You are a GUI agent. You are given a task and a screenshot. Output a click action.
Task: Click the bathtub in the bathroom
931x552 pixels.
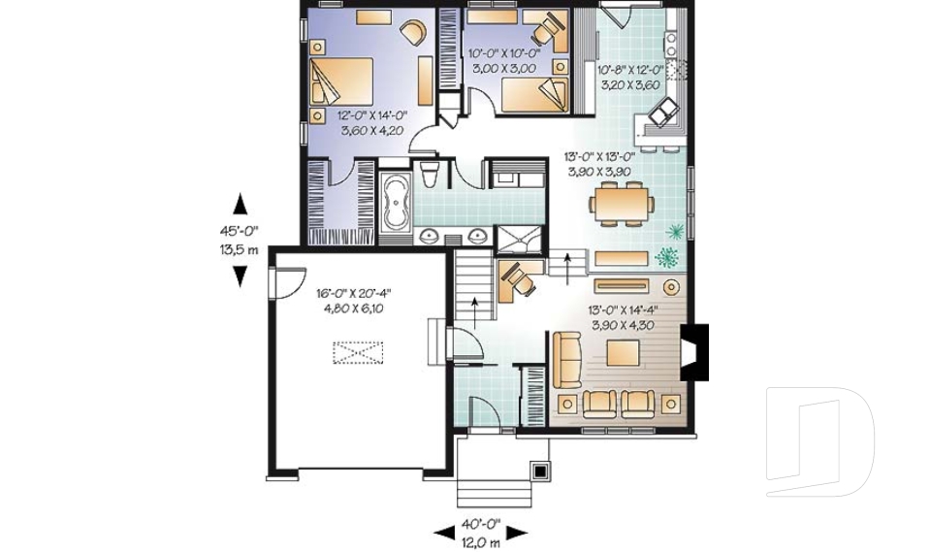pos(395,202)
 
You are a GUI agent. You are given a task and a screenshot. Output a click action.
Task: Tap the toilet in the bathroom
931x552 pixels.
pos(428,173)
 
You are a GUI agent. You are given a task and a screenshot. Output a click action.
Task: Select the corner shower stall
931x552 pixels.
pos(520,239)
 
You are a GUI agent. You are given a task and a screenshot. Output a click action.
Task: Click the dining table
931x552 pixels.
pos(622,203)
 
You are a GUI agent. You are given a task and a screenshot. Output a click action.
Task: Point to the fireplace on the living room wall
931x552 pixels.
pos(693,352)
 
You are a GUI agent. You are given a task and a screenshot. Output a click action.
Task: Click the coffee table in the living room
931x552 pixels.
pos(623,352)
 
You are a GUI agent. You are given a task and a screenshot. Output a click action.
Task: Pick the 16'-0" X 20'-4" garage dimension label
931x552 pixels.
pos(353,293)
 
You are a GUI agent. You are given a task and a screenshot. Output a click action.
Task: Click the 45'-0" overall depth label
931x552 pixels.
pos(240,231)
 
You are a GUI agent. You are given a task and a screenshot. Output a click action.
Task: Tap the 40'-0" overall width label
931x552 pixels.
pos(481,524)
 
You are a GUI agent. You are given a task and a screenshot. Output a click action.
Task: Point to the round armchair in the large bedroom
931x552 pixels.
pos(413,30)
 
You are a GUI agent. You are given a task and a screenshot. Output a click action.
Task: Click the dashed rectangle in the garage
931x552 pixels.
pos(358,352)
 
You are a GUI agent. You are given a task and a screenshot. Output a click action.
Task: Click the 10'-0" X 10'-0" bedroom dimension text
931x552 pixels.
pos(504,53)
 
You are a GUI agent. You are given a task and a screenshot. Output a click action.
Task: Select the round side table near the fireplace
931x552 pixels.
pos(671,287)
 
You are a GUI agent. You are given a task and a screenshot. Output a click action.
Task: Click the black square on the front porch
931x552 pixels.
pos(540,472)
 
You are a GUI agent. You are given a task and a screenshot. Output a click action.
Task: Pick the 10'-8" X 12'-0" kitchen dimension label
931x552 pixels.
pos(630,70)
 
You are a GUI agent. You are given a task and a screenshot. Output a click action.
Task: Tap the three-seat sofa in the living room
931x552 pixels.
pos(567,361)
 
